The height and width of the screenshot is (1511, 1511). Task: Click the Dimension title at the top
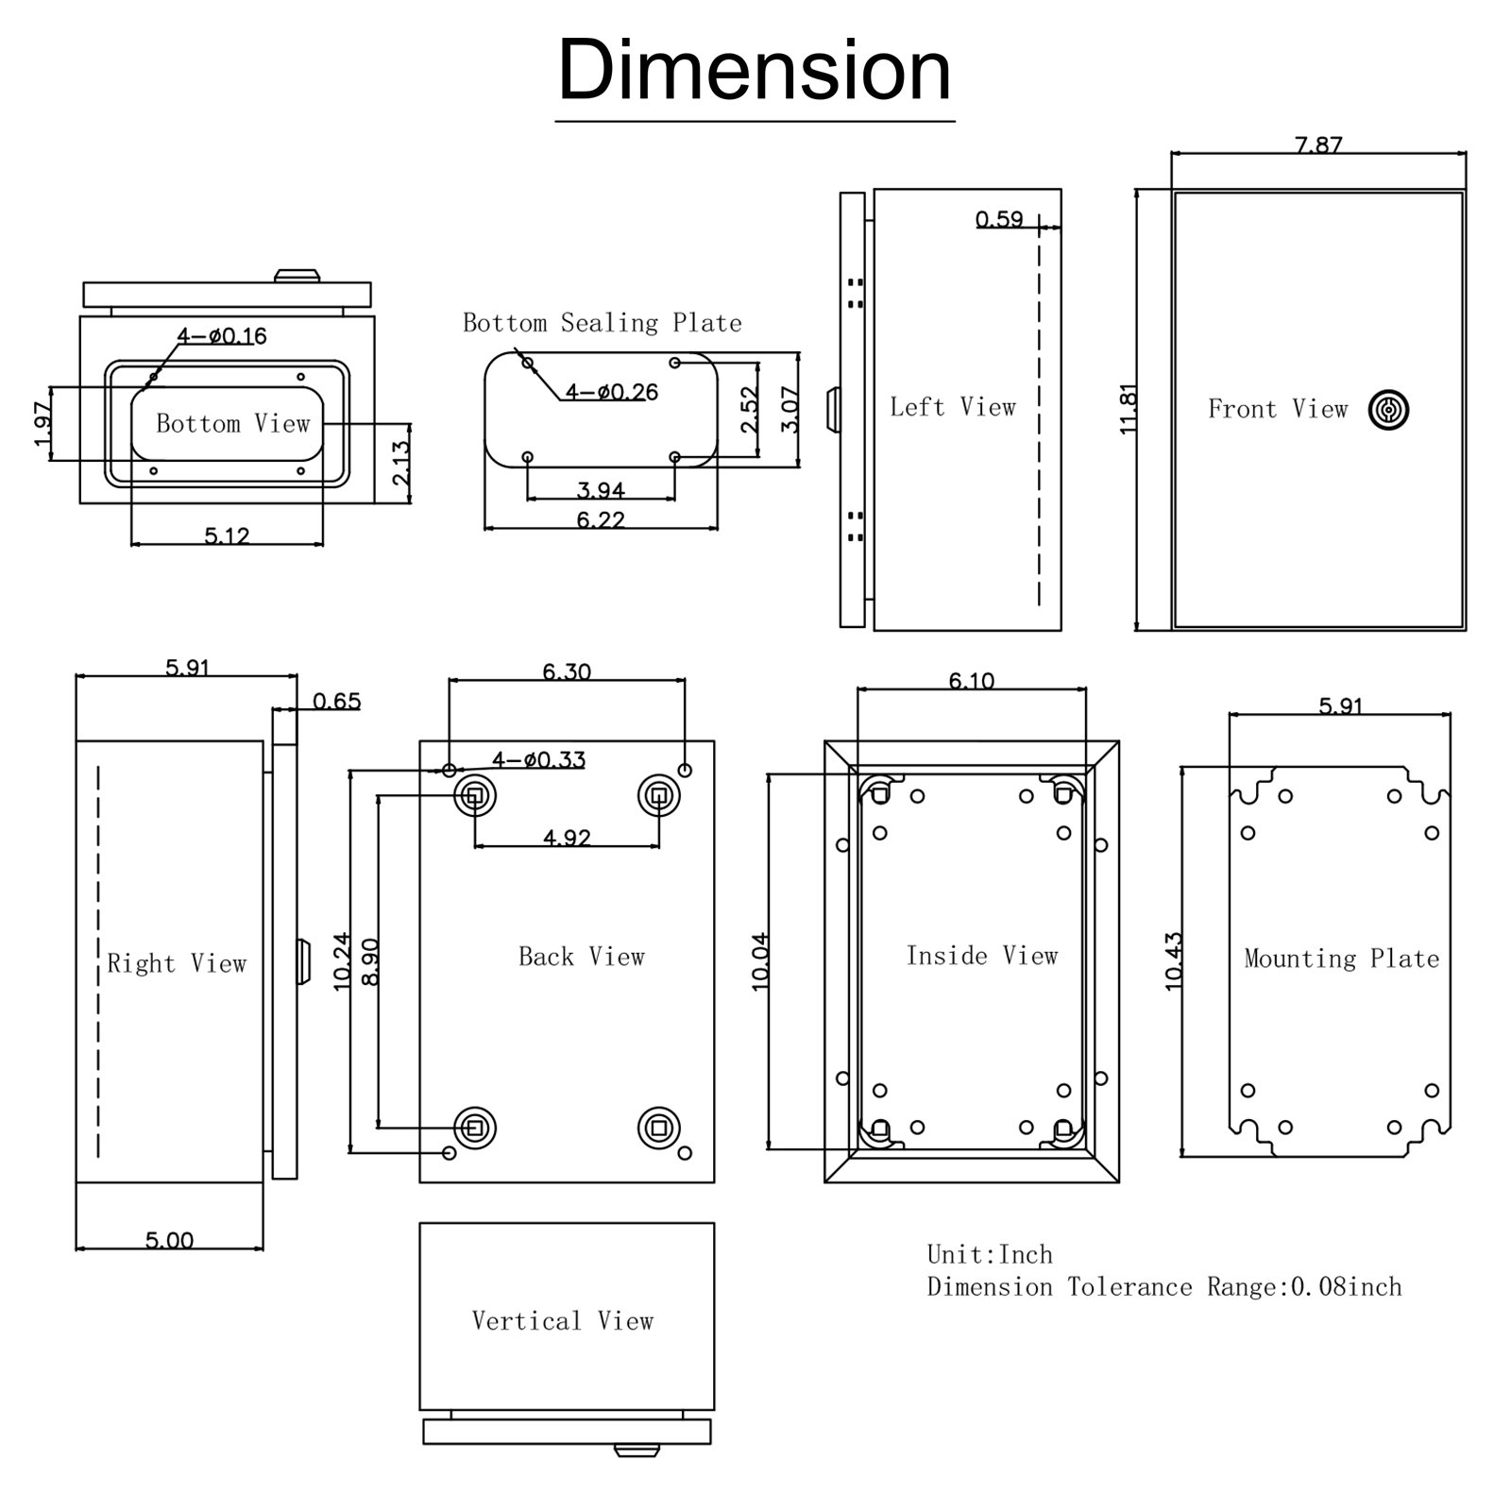pyautogui.click(x=755, y=72)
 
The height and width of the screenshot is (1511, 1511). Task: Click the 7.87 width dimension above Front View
pyautogui.click(x=1317, y=144)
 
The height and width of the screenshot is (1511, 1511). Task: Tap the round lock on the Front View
pyautogui.click(x=1388, y=411)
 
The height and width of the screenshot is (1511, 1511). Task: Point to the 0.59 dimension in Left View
pyautogui.click(x=999, y=219)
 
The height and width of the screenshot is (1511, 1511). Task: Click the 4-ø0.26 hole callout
pyautogui.click(x=611, y=392)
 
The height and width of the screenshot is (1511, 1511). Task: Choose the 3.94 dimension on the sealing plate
pyautogui.click(x=601, y=489)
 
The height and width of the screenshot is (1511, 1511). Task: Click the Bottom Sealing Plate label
pyautogui.click(x=602, y=323)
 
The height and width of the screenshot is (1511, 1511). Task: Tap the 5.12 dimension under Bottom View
pyautogui.click(x=227, y=535)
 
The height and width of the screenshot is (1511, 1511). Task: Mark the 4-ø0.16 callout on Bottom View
pyautogui.click(x=222, y=335)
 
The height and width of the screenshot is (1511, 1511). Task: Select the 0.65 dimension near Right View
pyautogui.click(x=336, y=701)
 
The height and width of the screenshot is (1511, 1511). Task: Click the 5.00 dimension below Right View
pyautogui.click(x=169, y=1240)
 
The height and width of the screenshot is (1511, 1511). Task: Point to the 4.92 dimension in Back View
pyautogui.click(x=567, y=837)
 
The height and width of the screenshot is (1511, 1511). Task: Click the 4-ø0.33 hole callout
pyautogui.click(x=538, y=759)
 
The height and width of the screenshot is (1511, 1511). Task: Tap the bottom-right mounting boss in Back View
pyautogui.click(x=658, y=1127)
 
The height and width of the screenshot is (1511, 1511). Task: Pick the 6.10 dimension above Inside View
pyautogui.click(x=971, y=680)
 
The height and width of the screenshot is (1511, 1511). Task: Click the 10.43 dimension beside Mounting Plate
pyautogui.click(x=1174, y=960)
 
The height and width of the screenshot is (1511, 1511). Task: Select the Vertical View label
pyautogui.click(x=563, y=1320)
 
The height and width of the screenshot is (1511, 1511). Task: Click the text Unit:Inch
pyautogui.click(x=989, y=1254)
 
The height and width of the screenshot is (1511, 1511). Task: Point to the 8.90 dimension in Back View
pyautogui.click(x=370, y=961)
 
